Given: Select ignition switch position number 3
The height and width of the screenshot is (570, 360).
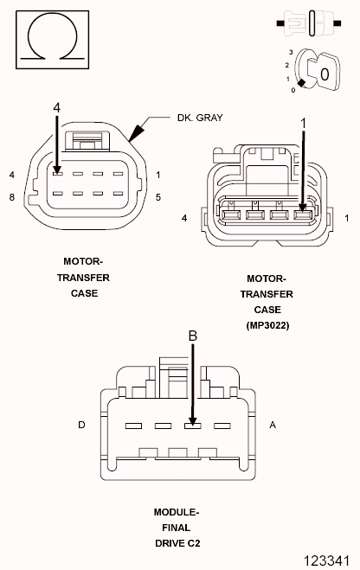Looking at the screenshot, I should click(292, 53).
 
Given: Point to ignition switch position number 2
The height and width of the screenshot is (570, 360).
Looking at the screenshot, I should click(286, 65).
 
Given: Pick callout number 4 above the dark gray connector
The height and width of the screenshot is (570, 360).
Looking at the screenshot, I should click(56, 107).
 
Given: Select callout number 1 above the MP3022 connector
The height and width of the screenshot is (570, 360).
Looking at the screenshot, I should click(305, 124).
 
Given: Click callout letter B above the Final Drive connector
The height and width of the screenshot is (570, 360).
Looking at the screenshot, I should click(193, 335).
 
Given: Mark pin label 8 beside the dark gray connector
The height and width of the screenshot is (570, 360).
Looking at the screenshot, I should click(12, 197).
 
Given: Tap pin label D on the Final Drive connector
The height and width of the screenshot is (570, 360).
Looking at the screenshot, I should click(81, 426).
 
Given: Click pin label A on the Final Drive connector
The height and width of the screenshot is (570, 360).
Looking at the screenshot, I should click(273, 426).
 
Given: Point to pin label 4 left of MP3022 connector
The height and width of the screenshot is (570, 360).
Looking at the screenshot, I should click(184, 218).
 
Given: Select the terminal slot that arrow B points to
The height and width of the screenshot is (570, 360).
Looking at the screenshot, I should click(192, 426).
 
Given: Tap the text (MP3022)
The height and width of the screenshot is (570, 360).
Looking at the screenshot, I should click(267, 325).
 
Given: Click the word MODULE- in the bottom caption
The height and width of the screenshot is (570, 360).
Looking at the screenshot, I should click(176, 511).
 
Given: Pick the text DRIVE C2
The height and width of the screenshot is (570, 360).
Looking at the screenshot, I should click(176, 542).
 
